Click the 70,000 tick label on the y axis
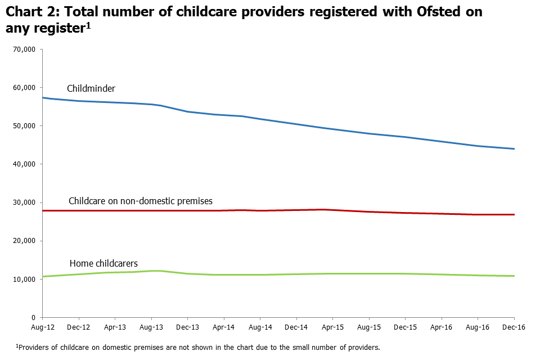(25, 49)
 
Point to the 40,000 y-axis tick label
(25, 164)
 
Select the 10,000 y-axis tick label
(25, 279)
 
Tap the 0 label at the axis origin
(33, 317)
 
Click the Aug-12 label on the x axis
(42, 327)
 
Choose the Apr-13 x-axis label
(115, 327)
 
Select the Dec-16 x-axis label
(514, 327)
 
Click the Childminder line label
(91, 88)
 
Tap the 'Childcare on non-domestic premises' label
(140, 201)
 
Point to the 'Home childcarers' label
(103, 263)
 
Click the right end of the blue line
(514, 149)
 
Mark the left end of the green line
(43, 276)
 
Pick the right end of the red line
(514, 214)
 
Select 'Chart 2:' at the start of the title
(30, 12)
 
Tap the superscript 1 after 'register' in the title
(88, 25)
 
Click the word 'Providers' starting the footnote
(35, 347)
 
